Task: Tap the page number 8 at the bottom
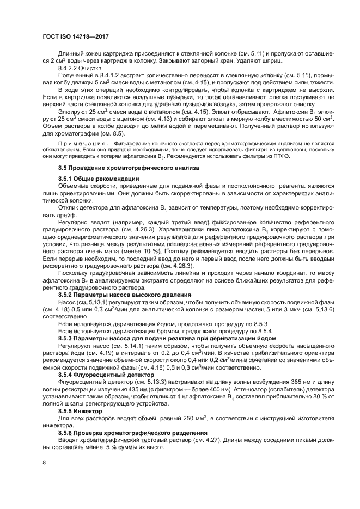(x=44, y=463)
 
